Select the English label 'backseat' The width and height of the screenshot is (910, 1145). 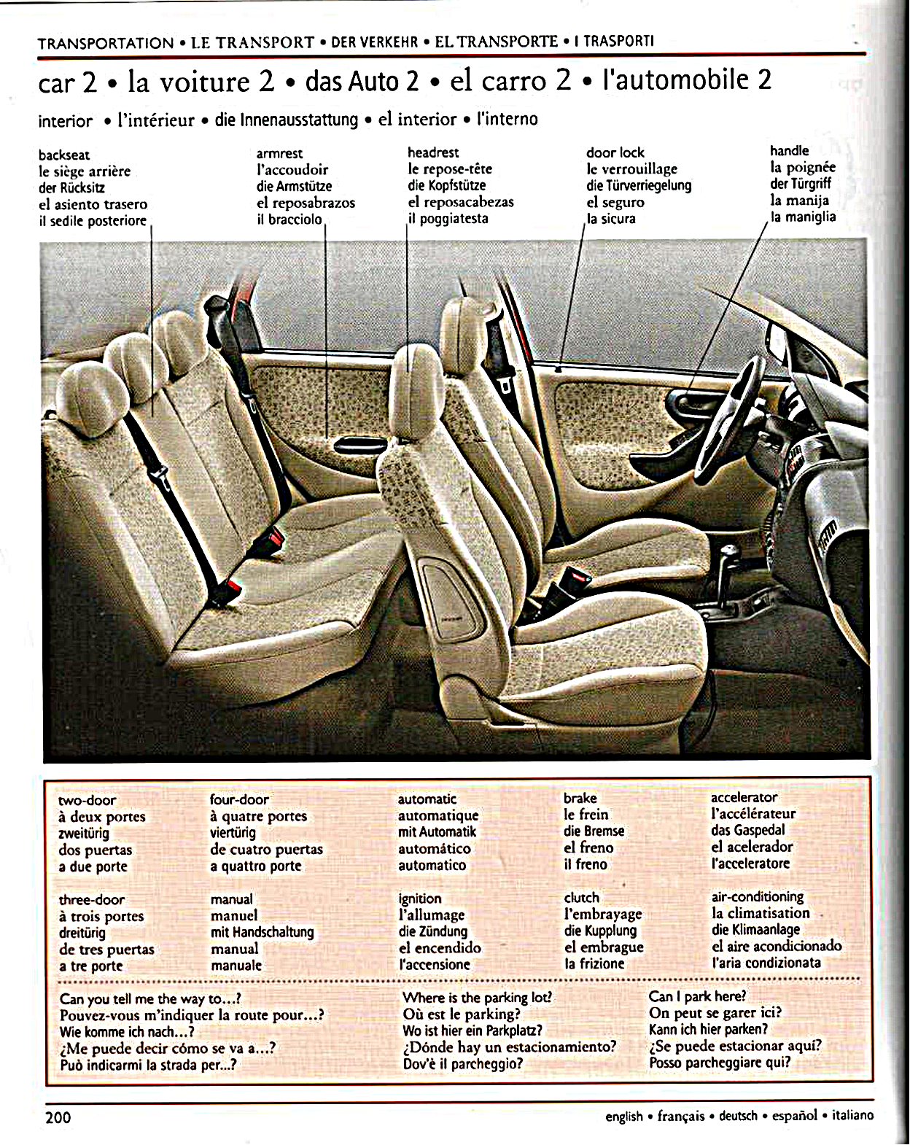point(64,155)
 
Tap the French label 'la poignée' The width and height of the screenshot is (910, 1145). point(803,167)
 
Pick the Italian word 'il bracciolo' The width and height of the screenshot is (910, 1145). point(289,219)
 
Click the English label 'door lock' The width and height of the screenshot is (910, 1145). point(615,152)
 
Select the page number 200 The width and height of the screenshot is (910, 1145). point(58,1117)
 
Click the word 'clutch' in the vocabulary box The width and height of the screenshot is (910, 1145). point(581,898)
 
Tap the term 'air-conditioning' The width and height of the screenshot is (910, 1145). point(758,896)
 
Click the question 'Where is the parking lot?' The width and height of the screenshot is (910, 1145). point(477,997)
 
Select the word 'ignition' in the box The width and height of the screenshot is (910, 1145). point(420,898)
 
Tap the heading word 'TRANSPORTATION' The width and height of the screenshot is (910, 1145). point(106,43)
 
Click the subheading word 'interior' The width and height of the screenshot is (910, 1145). point(66,121)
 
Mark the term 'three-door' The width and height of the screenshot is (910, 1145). point(91,899)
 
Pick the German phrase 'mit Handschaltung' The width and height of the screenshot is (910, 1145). point(262,932)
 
